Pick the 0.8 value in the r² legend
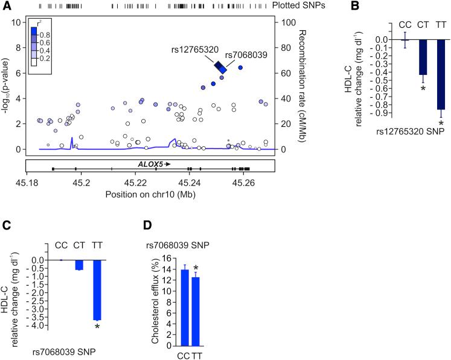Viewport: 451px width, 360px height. point(45,35)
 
